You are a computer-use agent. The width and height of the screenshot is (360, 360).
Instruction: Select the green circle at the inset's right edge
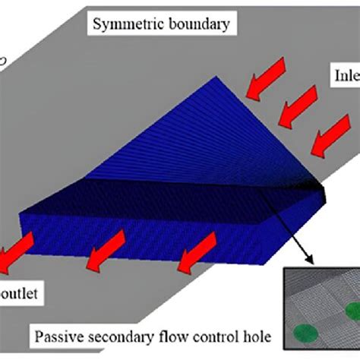click(353, 310)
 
